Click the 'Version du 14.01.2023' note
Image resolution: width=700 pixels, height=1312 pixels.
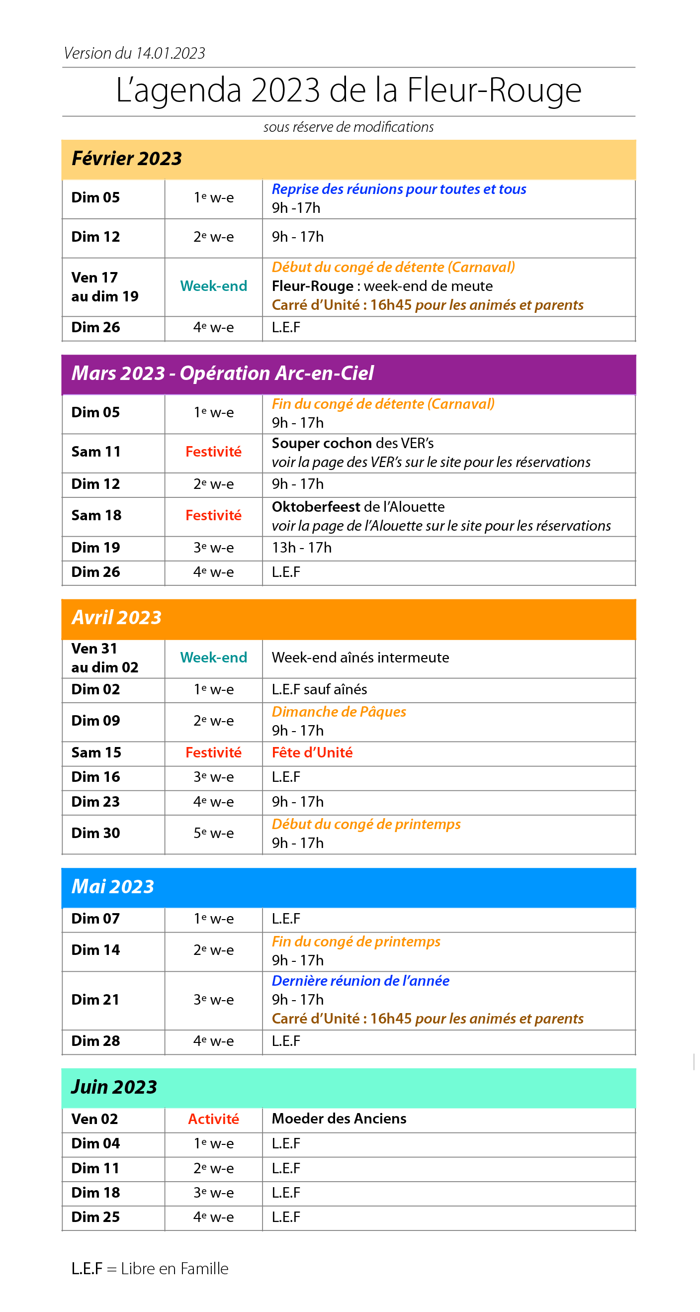pos(134,53)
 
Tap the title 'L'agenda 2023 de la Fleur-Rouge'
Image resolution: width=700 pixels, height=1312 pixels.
pos(349,90)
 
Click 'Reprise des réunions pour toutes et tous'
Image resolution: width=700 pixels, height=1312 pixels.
pos(399,189)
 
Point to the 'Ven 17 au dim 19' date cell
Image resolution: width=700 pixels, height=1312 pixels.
pos(104,287)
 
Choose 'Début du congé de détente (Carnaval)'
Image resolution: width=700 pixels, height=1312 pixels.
pos(393,267)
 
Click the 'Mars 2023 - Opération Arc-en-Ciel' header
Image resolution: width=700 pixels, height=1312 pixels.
pos(222,374)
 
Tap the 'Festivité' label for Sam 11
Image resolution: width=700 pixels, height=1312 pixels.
pos(213,452)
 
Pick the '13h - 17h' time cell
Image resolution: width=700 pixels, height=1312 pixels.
pos(301,548)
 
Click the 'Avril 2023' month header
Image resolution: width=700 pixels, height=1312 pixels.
pos(116,618)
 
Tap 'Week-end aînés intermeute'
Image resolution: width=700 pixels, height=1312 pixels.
pos(360,657)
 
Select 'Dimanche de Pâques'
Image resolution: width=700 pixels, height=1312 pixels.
pos(339,712)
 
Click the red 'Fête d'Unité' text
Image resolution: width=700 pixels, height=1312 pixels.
pos(312,753)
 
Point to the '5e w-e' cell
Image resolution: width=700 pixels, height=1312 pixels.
pos(213,833)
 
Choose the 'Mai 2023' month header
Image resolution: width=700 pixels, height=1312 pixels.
pos(112,887)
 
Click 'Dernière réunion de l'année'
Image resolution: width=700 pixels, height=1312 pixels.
pos(360,981)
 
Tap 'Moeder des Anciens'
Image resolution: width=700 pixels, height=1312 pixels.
pos(339,1119)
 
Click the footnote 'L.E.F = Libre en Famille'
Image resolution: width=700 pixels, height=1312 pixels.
pos(150,1269)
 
